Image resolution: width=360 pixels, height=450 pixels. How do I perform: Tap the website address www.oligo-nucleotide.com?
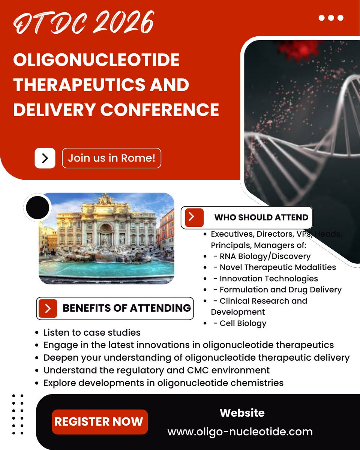coord(240,432)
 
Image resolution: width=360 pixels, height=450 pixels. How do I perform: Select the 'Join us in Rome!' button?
coord(111,158)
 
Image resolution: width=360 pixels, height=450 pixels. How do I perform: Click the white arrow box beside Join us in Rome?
coord(45,158)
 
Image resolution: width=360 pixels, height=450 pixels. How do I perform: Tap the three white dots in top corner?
coord(330,18)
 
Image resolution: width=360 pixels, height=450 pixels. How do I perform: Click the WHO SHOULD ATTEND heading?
coord(261,217)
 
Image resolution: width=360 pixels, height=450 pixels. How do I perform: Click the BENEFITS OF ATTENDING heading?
coord(126,308)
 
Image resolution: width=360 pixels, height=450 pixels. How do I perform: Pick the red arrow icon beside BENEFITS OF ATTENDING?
coord(48,308)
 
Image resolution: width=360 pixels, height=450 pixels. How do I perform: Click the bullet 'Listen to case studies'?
coord(92,333)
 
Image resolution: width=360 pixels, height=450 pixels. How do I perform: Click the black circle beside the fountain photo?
coord(37,207)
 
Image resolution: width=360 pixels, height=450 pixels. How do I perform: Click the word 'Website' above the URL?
coord(242,413)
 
